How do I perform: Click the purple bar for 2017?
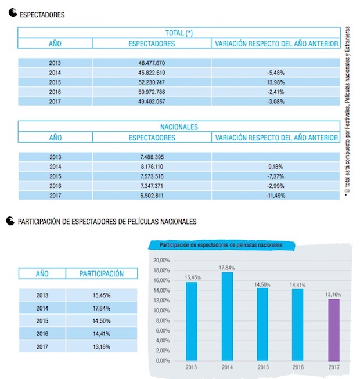coord(334,330)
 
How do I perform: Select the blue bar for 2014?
coord(227,316)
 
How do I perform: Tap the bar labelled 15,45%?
coord(192,322)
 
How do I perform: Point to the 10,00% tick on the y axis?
coord(161,311)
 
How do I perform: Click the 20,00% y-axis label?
coord(161,261)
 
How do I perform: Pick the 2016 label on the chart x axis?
coord(298,367)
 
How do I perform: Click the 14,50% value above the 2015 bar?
coord(262,284)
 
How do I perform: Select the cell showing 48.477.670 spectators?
coord(152,63)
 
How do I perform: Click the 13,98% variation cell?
coord(276,82)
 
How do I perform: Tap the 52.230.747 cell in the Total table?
coord(152,82)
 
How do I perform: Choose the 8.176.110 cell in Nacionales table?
coord(152,167)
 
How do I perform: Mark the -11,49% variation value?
coord(276,195)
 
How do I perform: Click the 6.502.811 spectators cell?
coord(152,195)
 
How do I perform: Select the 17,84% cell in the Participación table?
coord(102,308)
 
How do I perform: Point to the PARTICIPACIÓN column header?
coord(102,273)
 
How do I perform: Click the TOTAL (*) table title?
coord(179,33)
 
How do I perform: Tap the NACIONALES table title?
coord(179,127)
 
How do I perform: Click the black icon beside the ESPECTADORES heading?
coord(13,13)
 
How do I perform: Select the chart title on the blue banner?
coord(221,245)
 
